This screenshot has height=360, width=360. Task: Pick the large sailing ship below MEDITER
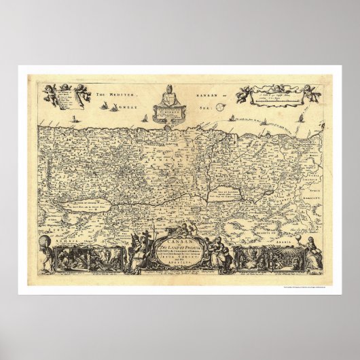[x=106, y=107]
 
